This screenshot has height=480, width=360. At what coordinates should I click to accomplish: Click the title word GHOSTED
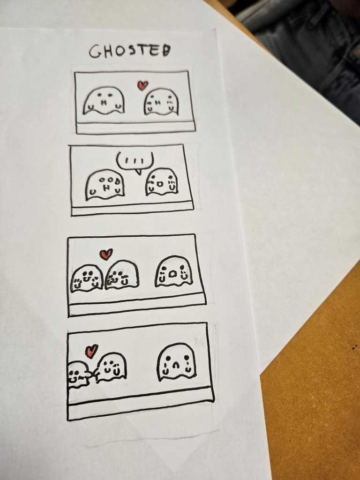[130, 51]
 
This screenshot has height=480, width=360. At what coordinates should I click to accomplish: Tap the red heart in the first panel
[142, 85]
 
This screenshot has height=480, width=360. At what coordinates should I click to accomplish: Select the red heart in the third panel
[106, 254]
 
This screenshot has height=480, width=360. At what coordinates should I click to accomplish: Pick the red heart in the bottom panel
[91, 351]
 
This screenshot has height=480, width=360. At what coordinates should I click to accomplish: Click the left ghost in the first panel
[104, 101]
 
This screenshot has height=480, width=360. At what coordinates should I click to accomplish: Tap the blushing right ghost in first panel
[161, 102]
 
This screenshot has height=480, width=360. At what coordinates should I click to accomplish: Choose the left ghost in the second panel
[105, 185]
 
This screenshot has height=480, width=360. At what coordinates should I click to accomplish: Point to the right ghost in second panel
[161, 182]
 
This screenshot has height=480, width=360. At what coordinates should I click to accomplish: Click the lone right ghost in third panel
[173, 271]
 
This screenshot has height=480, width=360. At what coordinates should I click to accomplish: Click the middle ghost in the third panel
[121, 275]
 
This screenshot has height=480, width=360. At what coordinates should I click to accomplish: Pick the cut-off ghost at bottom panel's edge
[78, 375]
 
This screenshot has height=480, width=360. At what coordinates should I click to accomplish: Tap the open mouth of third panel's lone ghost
[172, 274]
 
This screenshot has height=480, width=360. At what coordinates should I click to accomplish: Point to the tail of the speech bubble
[138, 172]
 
